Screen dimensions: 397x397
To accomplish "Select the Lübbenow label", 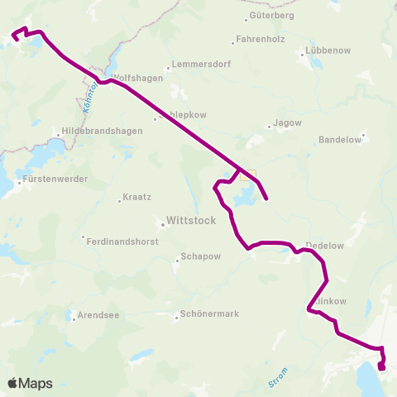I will tap(328, 50).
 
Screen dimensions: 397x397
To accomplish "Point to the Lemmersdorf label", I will tap(198, 65).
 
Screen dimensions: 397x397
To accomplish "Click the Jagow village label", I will tap(287, 124).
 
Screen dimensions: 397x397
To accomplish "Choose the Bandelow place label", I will tap(340, 140).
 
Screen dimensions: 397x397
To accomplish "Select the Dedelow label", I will tap(324, 246).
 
